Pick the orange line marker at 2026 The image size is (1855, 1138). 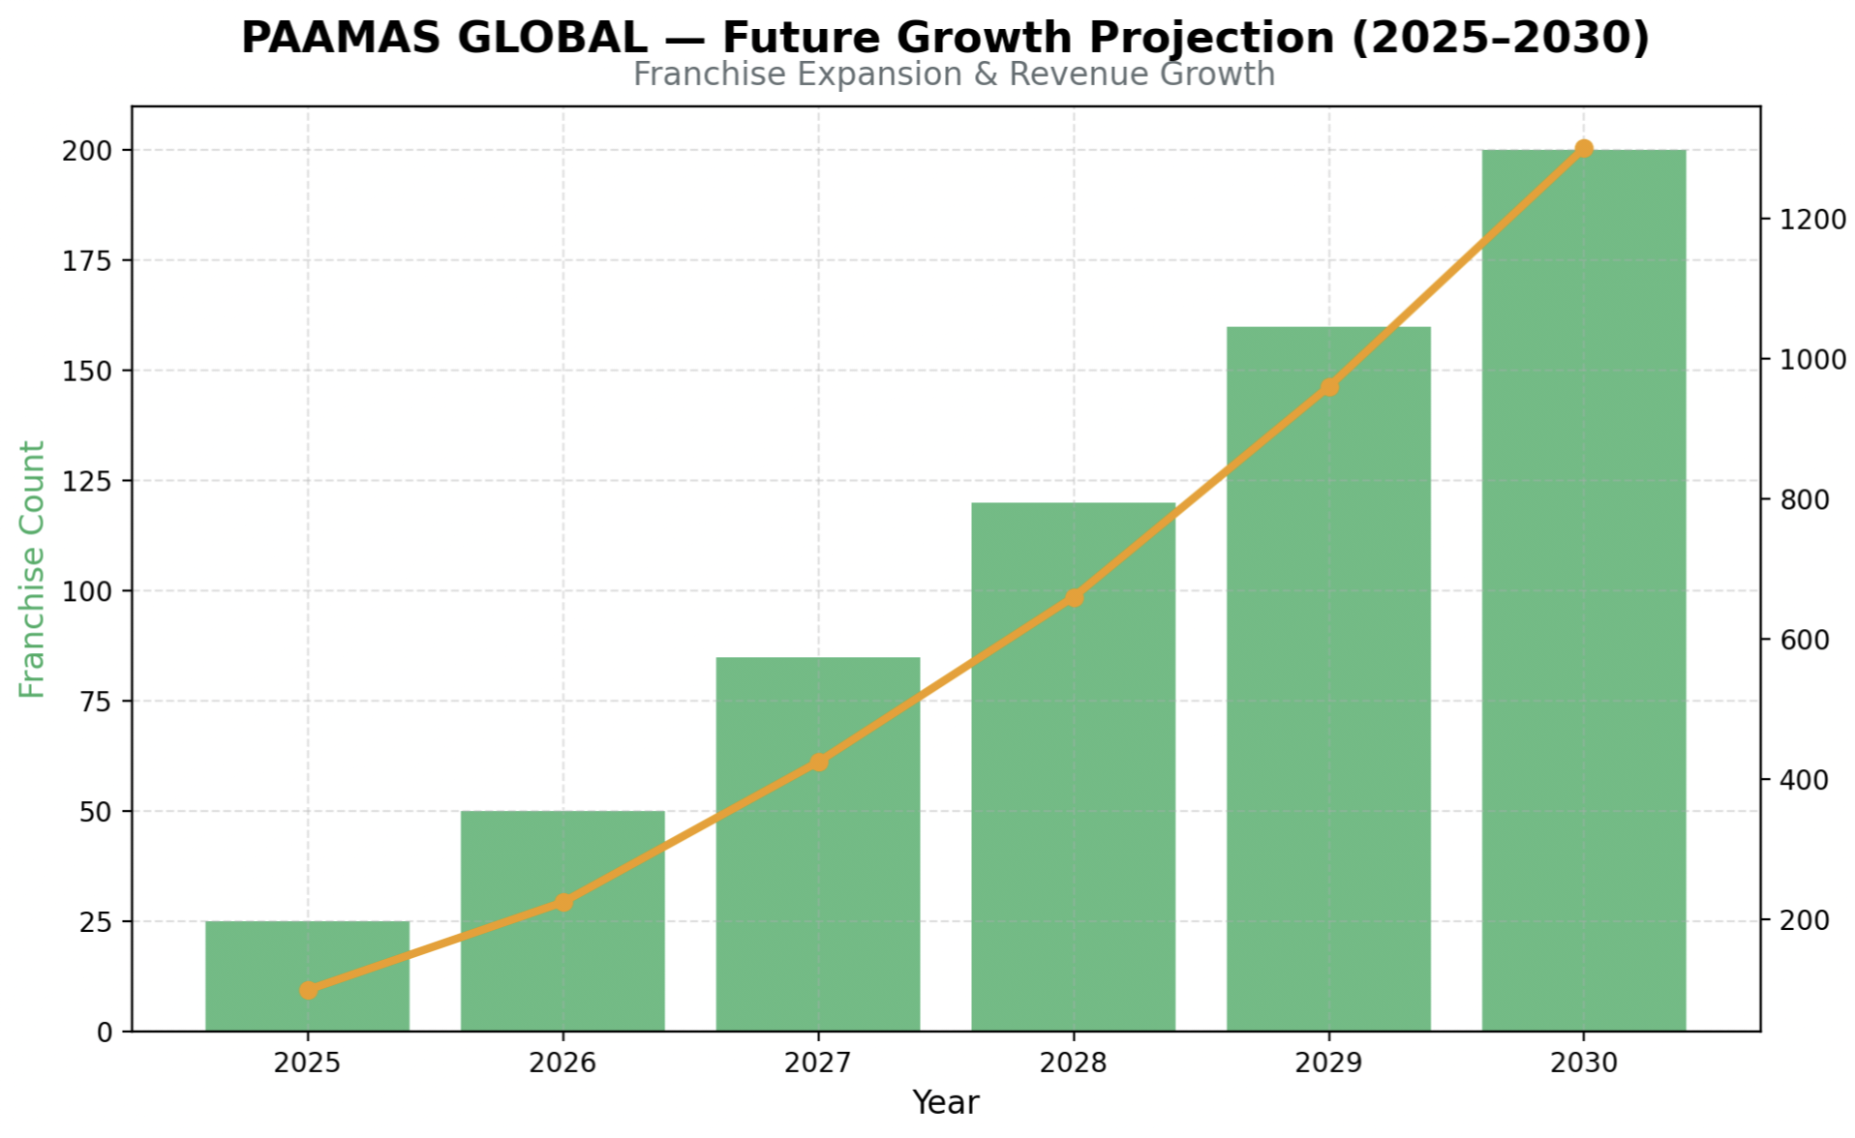[563, 902]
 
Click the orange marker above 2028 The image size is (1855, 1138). [1074, 598]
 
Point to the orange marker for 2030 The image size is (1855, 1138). [1584, 149]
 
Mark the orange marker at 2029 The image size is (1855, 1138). [1329, 387]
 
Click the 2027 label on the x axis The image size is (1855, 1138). [818, 1063]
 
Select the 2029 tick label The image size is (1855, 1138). [1328, 1063]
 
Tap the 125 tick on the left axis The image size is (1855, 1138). [87, 481]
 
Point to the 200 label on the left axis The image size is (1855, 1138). [87, 151]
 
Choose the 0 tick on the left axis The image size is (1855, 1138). [105, 1033]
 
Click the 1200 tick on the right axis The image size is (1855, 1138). [1813, 220]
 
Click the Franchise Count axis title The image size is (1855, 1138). [33, 569]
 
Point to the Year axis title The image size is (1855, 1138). [946, 1102]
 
